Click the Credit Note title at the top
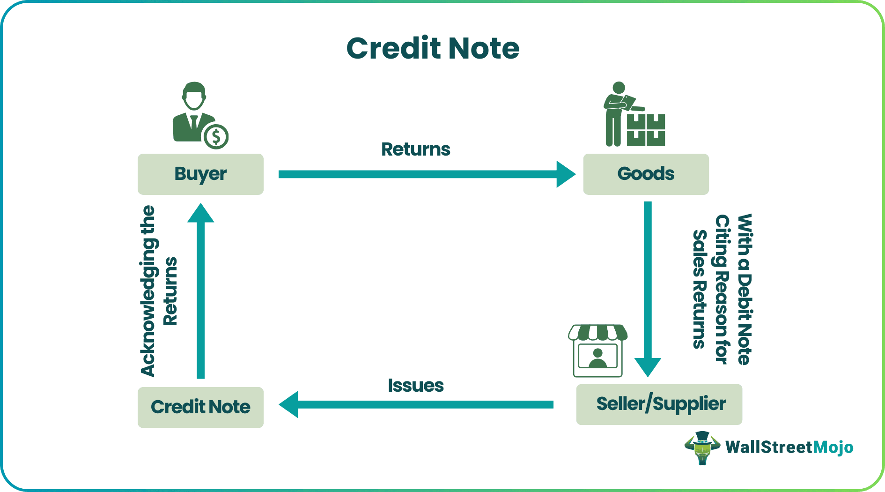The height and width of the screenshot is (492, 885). pos(433,48)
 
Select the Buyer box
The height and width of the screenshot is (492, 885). pos(200,174)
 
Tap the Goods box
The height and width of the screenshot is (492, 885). pos(646,174)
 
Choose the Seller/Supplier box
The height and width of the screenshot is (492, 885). pos(659,404)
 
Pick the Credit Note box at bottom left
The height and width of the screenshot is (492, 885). pos(200,407)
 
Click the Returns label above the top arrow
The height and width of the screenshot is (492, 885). pos(415,149)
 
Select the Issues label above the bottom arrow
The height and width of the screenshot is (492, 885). pos(415,385)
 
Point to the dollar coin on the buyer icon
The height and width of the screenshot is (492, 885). pos(216,137)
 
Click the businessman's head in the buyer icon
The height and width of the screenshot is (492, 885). pos(194,96)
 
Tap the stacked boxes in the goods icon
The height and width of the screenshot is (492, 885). pos(646,130)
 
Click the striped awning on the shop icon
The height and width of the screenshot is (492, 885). pos(597,332)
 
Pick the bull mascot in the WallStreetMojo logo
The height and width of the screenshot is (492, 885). pos(701,447)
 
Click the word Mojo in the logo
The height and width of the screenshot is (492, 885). pos(833,447)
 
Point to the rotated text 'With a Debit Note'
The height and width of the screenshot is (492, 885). pos(745,289)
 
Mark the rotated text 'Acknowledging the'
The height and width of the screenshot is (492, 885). pos(148,291)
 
